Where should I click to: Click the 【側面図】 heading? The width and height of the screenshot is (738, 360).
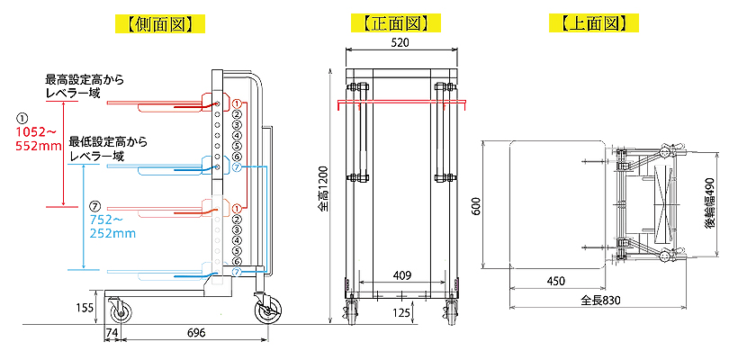(160, 23)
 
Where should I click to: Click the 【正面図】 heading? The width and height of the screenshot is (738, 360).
(395, 23)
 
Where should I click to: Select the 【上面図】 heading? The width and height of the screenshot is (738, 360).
(593, 23)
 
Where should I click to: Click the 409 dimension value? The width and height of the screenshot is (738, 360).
(402, 275)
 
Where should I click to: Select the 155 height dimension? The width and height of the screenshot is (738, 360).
(85, 308)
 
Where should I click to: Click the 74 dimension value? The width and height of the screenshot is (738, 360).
(111, 332)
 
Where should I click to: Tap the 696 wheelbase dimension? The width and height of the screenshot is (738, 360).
(196, 332)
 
